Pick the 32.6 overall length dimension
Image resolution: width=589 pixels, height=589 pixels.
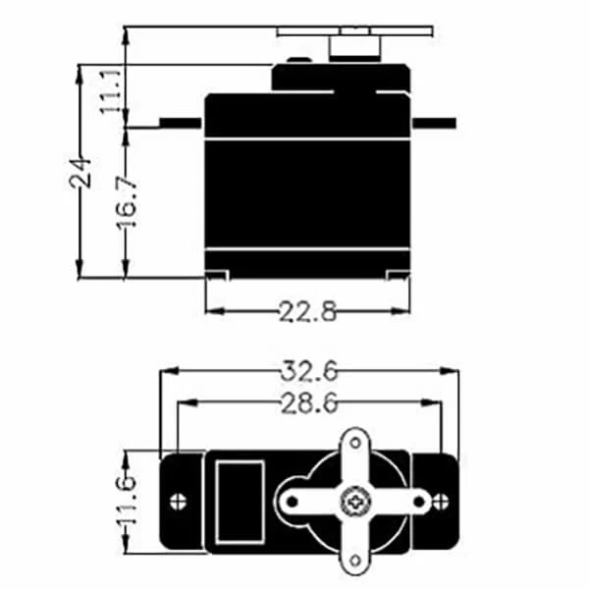311,371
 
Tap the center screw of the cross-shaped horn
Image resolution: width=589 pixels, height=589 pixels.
350,502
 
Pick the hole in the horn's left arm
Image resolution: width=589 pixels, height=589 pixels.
291,502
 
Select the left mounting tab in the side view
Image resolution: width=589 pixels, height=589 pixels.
180,123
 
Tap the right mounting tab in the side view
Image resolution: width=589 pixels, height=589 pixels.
435,123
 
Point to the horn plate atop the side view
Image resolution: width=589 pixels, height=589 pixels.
353,31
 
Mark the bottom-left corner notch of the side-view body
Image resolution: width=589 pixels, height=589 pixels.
217,274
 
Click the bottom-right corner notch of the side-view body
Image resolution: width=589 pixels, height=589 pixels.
397,274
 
